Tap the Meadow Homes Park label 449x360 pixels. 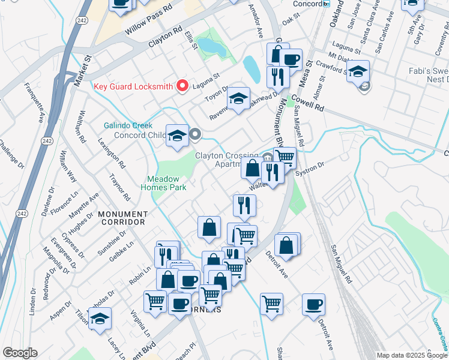pos(167,183)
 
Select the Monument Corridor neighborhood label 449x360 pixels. pos(122,218)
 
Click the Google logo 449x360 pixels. pos(19,353)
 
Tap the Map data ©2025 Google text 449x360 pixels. pos(412,355)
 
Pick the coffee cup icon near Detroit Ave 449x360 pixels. pos(313,305)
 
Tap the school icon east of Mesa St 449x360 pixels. pos(358,72)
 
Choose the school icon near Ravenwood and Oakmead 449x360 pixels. pos(239,99)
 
